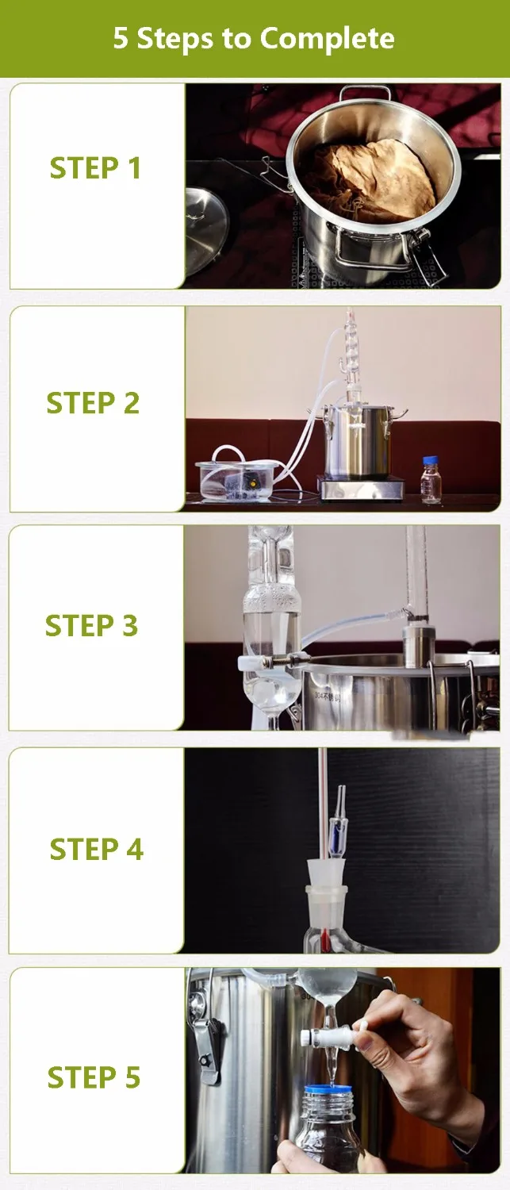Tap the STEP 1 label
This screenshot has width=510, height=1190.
coord(96,168)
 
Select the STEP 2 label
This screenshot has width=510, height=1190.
coord(93,403)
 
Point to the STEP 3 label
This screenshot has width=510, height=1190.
coord(91,625)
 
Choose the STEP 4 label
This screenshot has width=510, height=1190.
coord(96,849)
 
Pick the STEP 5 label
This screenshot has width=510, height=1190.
coord(94,1077)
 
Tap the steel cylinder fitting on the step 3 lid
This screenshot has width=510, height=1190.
coord(419,645)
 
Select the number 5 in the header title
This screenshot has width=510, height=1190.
coord(121,39)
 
